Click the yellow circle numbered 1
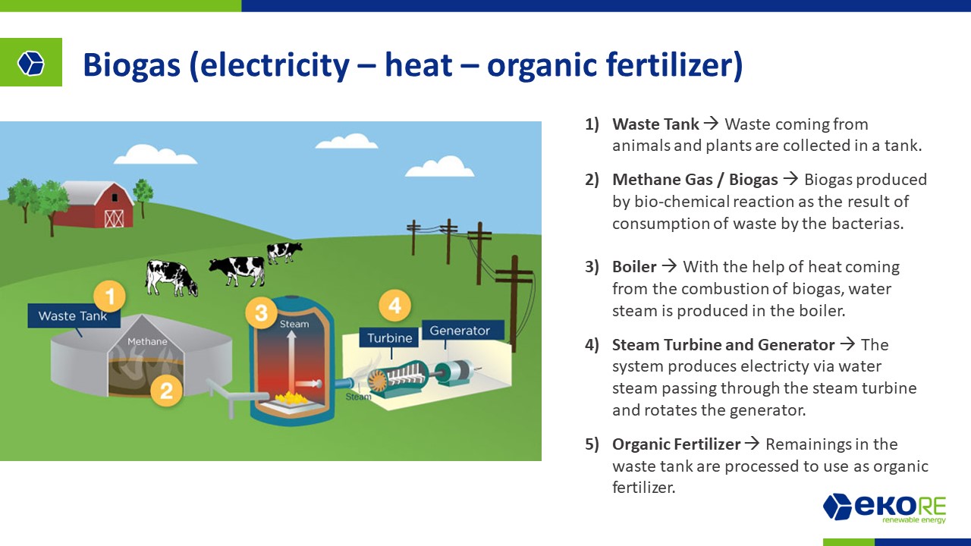110,297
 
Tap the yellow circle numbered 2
166,391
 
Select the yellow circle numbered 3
262,313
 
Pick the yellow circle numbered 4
395,306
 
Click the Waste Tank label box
74,315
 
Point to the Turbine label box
389,338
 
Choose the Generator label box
464,331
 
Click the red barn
96,206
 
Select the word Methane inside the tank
147,341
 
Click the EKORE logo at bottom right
885,507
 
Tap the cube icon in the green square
31,63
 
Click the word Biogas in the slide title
131,65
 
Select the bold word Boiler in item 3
634,266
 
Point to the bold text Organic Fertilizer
676,444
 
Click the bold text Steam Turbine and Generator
723,345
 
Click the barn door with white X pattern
114,219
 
